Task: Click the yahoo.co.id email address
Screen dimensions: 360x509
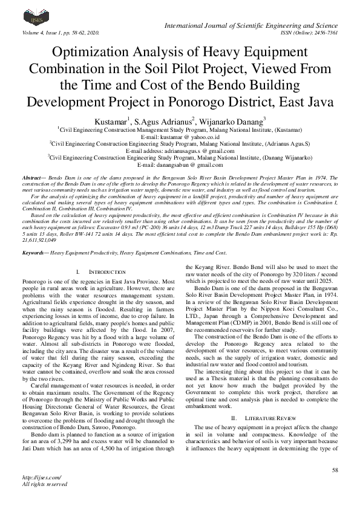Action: pos(180,137)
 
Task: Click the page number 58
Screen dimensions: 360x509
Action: pos(334,469)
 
